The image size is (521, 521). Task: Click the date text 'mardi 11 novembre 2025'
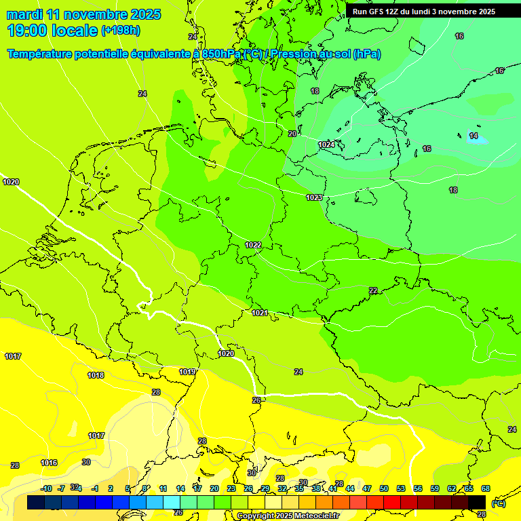[x=83, y=14]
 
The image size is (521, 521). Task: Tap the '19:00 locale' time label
[x=52, y=31]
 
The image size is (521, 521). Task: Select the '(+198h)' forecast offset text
[x=120, y=31]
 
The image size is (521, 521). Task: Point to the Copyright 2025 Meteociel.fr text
[x=288, y=516]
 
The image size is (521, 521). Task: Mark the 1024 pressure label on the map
[x=326, y=144]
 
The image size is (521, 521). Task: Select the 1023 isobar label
[x=313, y=197]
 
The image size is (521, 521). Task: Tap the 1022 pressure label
[x=253, y=245]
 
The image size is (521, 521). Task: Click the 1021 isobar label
[x=260, y=313]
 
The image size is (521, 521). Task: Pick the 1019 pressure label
[x=188, y=372]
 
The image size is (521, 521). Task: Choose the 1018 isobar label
[x=96, y=375]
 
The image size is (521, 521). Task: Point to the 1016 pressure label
[x=49, y=463]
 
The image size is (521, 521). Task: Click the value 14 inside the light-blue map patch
[x=474, y=136]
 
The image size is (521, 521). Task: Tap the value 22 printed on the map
[x=373, y=290]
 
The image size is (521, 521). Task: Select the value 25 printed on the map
[x=256, y=400]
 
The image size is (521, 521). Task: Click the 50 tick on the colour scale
[x=384, y=488]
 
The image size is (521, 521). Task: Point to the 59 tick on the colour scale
[x=435, y=488]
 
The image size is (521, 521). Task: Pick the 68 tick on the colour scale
[x=486, y=488]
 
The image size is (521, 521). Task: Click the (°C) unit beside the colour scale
[x=498, y=503]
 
